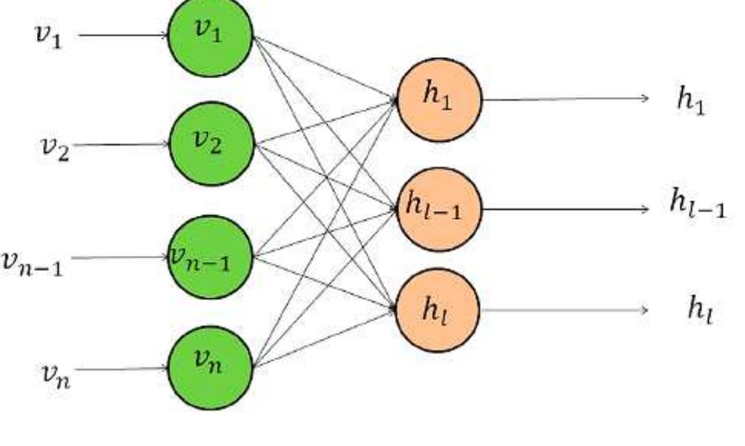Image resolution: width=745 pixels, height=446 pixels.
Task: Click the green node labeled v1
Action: (211, 35)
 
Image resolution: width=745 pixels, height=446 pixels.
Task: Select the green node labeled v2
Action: (212, 144)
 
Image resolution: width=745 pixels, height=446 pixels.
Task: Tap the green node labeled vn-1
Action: (211, 257)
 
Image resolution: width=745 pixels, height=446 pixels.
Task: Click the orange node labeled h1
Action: (440, 99)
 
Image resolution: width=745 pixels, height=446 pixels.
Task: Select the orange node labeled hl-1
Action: (440, 209)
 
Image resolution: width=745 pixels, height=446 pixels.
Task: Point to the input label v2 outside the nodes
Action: (54, 148)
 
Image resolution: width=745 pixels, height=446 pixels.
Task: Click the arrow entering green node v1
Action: (122, 35)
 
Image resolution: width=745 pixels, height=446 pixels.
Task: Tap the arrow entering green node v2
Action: (122, 144)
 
